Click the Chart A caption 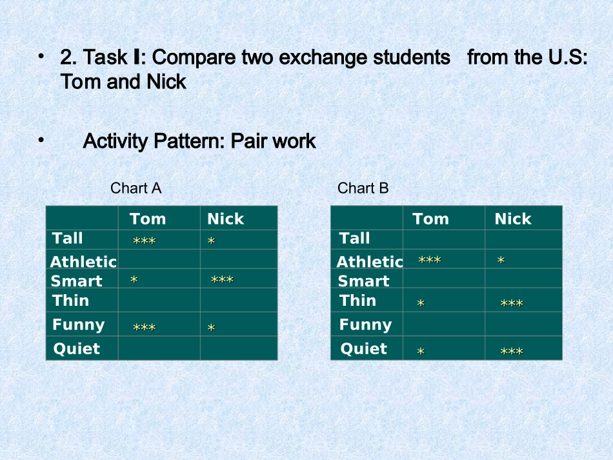point(136,188)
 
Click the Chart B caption point(363,188)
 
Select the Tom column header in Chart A point(148,219)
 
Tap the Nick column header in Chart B point(513,219)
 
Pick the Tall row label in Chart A point(67,238)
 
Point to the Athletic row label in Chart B point(370,261)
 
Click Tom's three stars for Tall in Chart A point(145,241)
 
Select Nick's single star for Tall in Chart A point(211,241)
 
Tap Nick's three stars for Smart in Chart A point(222,279)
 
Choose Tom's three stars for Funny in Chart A point(145,327)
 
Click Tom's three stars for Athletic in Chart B point(430,260)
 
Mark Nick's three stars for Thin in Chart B point(512,303)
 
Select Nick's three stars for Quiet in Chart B point(512,352)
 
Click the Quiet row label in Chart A point(77,348)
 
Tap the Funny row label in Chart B point(365,325)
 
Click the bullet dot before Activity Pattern point(41,140)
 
